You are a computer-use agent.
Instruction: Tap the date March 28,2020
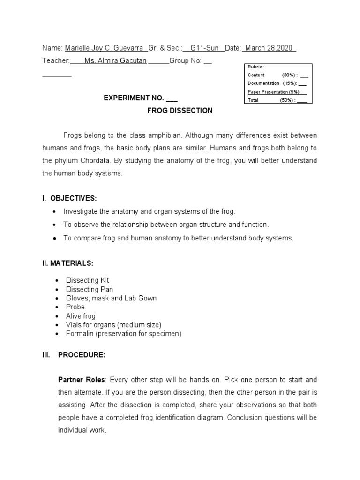[269, 48]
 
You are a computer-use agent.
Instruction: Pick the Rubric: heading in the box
[256, 67]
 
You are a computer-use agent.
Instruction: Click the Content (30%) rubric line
[277, 75]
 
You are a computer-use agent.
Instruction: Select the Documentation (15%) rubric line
[277, 83]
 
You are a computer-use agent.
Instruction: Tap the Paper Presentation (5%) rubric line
[275, 92]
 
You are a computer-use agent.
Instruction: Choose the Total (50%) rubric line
[277, 100]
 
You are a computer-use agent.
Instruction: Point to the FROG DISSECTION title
[180, 111]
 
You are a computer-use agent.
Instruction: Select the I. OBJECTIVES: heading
[69, 198]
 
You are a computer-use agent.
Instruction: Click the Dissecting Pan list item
[90, 289]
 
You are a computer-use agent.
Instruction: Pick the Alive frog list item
[81, 316]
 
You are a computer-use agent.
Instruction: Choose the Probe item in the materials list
[75, 307]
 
